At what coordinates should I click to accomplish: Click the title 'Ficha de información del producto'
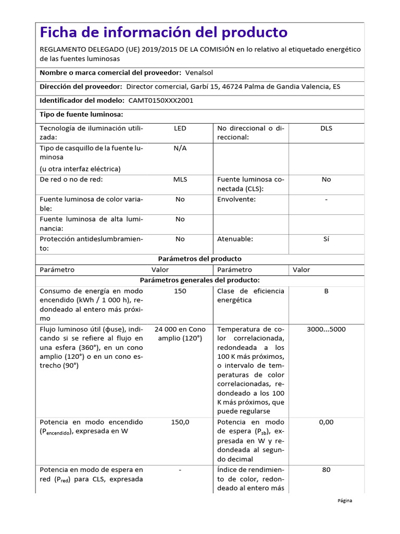164,32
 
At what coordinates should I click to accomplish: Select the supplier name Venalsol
201,72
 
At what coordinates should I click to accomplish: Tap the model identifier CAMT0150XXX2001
159,101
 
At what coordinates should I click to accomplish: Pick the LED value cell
180,128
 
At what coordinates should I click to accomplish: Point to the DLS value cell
326,128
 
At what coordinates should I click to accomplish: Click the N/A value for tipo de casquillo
180,148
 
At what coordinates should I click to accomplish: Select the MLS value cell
180,179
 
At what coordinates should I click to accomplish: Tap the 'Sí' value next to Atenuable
326,239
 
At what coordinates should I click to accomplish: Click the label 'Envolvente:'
236,199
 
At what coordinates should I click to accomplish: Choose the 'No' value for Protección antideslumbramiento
180,239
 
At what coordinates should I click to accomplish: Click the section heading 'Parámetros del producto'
199,259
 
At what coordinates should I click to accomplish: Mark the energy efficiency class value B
326,291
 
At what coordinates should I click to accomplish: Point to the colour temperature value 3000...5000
326,330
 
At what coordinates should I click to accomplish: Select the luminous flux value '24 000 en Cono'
180,330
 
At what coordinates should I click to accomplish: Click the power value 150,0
180,422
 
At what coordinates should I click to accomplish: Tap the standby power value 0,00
326,422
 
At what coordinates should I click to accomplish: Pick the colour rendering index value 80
326,470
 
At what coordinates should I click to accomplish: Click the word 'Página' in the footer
344,501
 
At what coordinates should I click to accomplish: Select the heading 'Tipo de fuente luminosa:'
81,114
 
